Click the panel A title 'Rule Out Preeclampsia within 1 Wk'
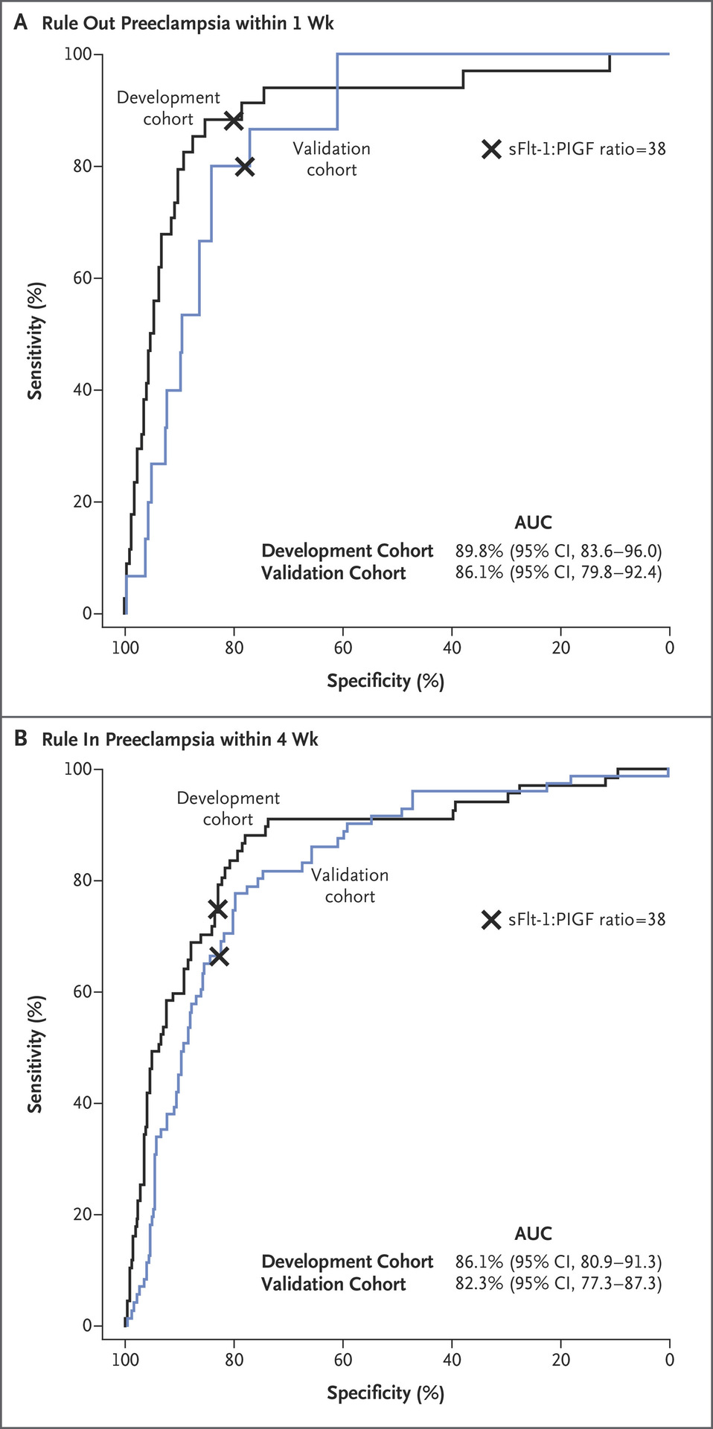188,23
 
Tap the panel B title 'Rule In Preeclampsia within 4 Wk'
179,739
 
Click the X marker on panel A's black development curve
234,120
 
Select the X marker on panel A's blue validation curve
244,167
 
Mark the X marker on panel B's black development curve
217,909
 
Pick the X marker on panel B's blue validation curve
219,956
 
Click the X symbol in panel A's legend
491,150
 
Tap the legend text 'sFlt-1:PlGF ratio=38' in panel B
587,920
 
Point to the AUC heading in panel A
533,522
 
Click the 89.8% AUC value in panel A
479,551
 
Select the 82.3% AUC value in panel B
479,1283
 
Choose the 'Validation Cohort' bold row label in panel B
333,1284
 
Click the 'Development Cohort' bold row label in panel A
347,551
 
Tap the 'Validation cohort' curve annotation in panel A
332,159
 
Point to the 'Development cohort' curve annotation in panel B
228,808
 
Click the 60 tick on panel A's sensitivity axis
83,278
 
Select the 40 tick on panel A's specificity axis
452,648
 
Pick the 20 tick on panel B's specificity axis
560,1360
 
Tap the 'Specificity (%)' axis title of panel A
386,681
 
